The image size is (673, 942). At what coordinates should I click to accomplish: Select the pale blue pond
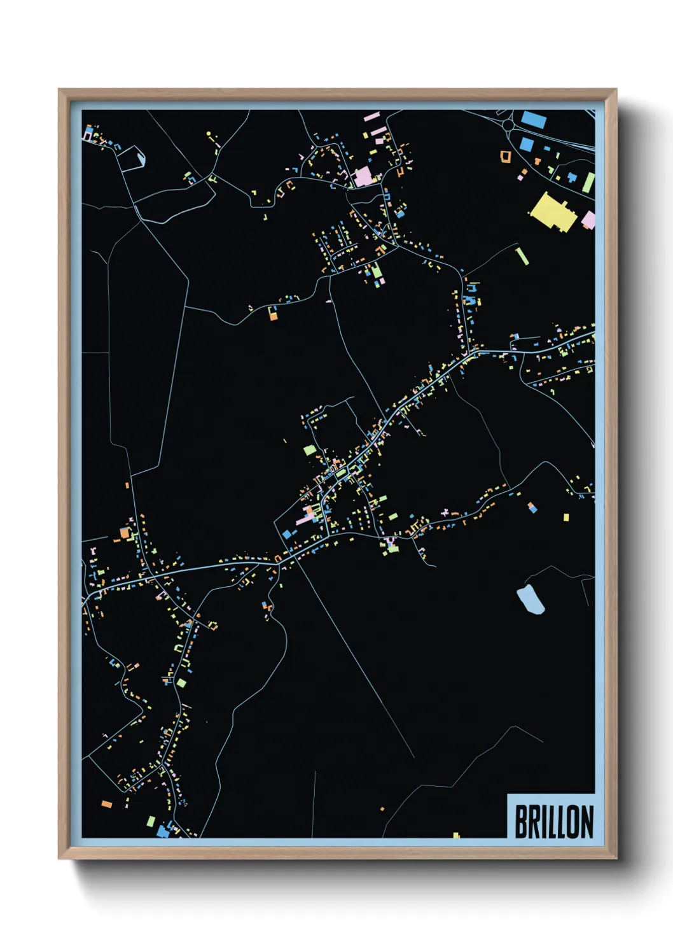click(x=530, y=600)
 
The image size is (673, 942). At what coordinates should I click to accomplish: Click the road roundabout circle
click(x=510, y=125)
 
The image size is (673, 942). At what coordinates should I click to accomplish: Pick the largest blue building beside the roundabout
click(x=533, y=120)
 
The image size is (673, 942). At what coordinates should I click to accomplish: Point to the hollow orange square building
click(x=506, y=155)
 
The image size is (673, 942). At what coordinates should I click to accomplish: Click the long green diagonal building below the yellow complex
click(x=522, y=256)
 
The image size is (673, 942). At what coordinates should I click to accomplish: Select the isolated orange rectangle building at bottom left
click(x=107, y=805)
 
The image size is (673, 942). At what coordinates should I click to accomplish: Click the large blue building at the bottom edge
click(x=163, y=830)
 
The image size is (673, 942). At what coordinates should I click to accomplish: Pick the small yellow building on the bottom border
click(x=456, y=835)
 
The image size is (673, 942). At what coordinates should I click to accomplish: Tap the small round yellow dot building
click(x=209, y=134)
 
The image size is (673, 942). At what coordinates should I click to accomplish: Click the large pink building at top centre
click(x=363, y=176)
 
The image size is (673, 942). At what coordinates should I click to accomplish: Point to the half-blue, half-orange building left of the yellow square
click(x=532, y=507)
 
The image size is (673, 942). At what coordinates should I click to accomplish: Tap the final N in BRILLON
click(x=586, y=822)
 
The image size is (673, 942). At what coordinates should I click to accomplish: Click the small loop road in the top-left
click(x=132, y=158)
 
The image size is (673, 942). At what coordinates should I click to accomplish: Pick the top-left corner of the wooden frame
click(x=59, y=90)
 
